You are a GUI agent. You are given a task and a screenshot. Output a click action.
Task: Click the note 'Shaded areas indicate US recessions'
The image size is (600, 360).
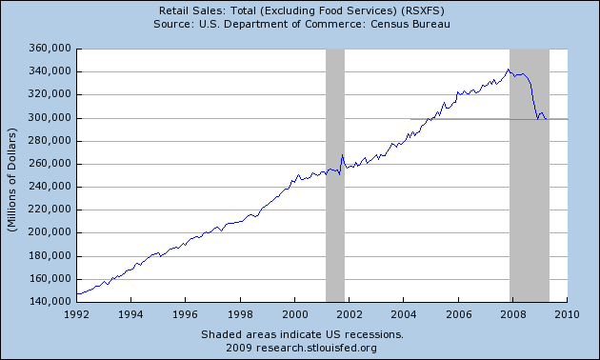pyautogui.click(x=302, y=335)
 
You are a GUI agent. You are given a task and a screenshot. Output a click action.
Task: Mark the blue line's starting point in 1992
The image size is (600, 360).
pyautogui.click(x=77, y=294)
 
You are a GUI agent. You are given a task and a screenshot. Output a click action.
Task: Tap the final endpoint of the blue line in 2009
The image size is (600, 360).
pyautogui.click(x=547, y=119)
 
